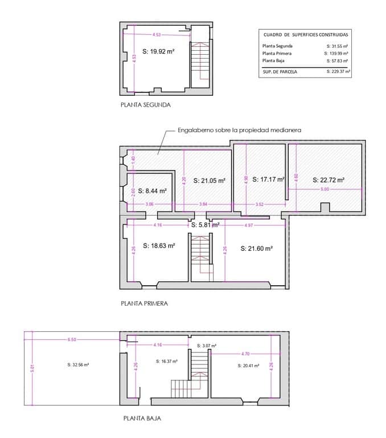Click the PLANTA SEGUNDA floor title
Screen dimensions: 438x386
click(x=145, y=105)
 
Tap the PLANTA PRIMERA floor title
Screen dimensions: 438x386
click(x=144, y=303)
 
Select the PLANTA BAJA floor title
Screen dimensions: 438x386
click(x=142, y=418)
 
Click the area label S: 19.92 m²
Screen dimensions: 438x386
click(x=153, y=51)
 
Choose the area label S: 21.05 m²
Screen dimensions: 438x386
click(x=209, y=180)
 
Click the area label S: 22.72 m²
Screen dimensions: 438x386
click(x=328, y=180)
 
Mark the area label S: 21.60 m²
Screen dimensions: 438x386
click(x=256, y=249)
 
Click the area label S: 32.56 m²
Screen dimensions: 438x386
click(x=78, y=364)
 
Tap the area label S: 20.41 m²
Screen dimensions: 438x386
click(x=248, y=365)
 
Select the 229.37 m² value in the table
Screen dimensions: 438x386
click(x=338, y=72)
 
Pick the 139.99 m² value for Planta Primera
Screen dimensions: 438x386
click(x=338, y=53)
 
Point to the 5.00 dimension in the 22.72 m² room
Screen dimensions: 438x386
click(x=325, y=189)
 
